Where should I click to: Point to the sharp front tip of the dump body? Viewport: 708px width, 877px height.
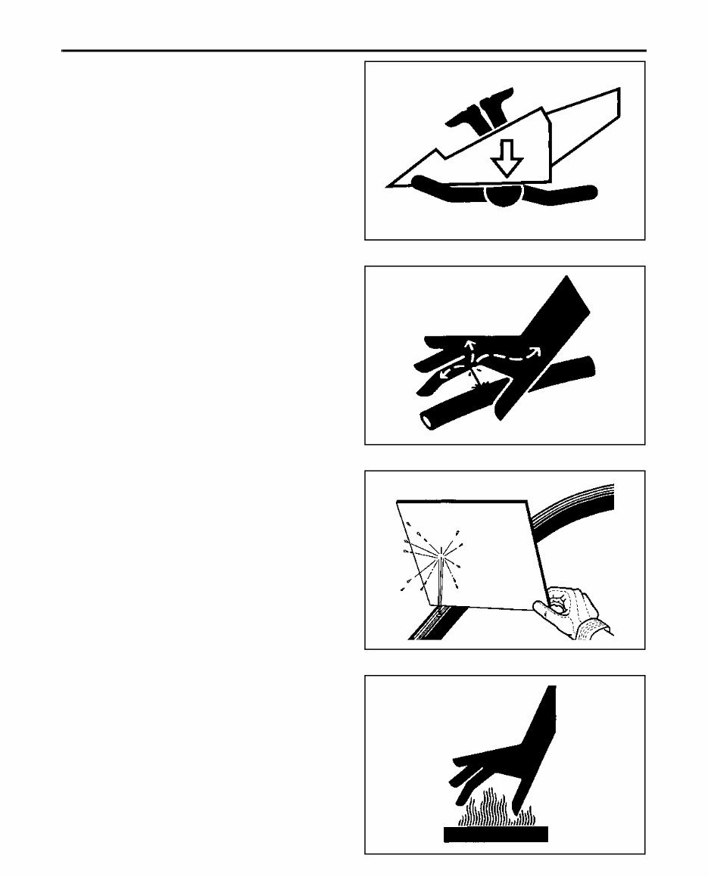tap(391, 183)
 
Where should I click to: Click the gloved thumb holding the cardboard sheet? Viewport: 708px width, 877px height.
tap(560, 603)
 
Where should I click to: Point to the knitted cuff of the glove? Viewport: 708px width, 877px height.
tap(594, 630)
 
